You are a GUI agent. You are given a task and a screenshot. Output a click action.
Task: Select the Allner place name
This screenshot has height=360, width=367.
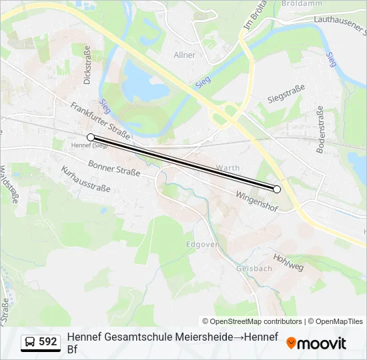click(184, 55)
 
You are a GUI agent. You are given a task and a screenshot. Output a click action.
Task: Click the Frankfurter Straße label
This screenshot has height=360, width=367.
click(99, 119)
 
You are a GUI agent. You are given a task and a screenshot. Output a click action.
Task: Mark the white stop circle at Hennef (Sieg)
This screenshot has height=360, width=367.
click(91, 137)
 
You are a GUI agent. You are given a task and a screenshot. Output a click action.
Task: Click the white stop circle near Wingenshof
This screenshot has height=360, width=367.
click(277, 189)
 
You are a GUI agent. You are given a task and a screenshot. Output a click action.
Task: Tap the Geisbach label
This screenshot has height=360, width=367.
click(254, 269)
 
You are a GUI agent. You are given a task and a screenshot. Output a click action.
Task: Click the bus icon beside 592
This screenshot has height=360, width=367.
click(31, 342)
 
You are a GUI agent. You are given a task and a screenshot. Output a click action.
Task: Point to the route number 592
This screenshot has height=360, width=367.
click(48, 341)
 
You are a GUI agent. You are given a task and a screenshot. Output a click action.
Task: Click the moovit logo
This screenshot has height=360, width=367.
click(316, 343)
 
